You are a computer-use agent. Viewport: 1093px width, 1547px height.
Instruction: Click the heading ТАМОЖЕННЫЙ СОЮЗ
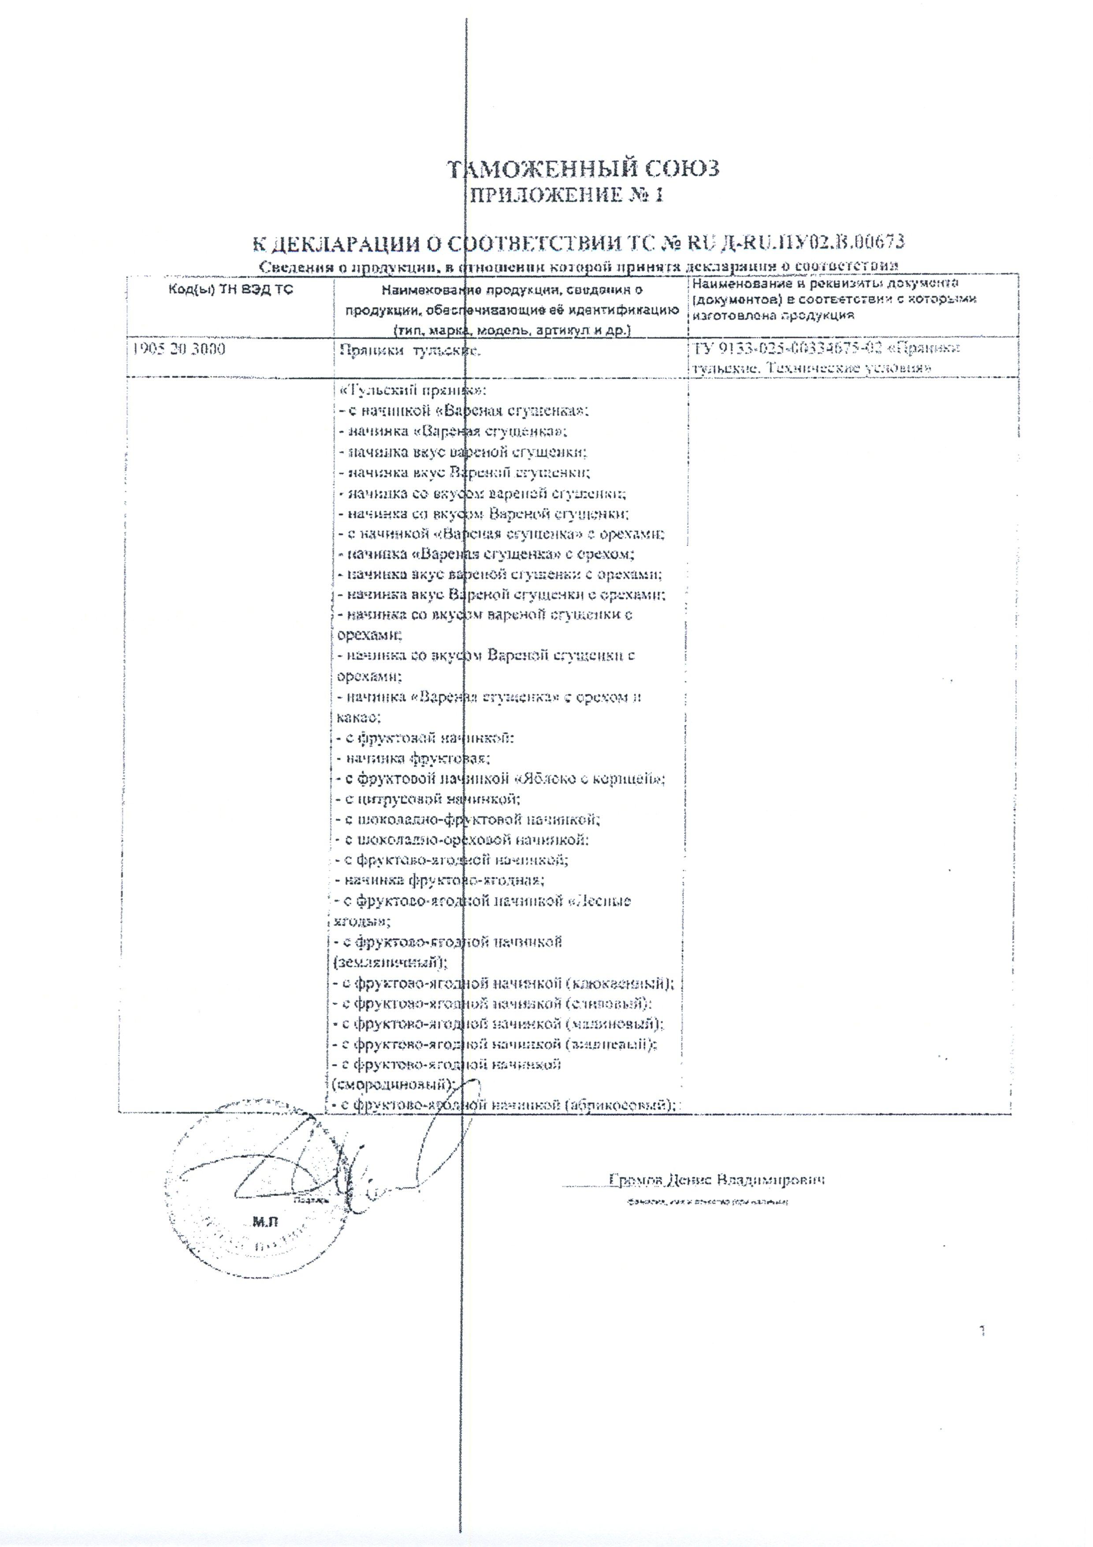pos(584,168)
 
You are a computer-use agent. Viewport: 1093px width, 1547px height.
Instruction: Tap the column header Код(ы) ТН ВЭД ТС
pos(230,291)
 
